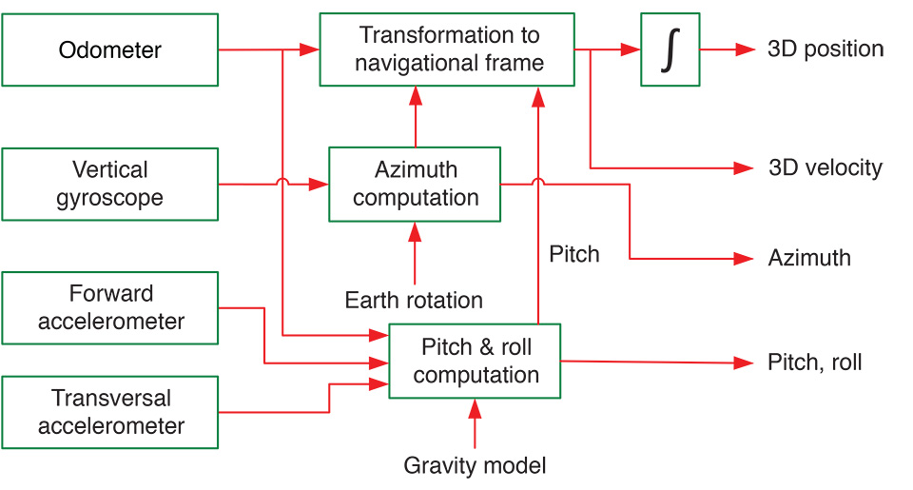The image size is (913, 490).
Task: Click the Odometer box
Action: coord(110,49)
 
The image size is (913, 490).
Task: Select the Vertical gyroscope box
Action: coord(110,184)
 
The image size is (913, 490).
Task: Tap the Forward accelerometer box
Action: coord(110,307)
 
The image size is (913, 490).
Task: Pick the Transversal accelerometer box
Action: coord(110,412)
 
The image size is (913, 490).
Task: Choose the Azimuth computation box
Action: coord(415,185)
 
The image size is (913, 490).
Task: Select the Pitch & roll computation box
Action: coord(475,361)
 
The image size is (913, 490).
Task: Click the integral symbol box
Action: coord(670,49)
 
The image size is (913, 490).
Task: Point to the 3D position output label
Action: coord(826,49)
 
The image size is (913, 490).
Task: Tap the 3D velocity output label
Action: coord(825,168)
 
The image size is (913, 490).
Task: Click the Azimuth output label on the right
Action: coord(808,258)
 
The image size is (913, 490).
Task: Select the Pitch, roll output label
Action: coord(814,363)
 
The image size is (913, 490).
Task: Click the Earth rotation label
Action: coord(414,301)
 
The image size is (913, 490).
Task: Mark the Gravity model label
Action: coord(475,465)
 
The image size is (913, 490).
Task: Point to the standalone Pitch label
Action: coord(574,254)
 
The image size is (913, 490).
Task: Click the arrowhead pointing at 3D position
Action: coord(745,49)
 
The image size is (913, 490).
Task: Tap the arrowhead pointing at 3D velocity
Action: coord(745,168)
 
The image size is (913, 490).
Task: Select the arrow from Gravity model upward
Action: coord(475,423)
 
